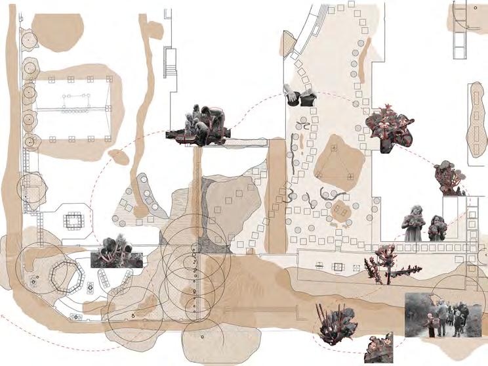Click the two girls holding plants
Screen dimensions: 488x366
(424, 223)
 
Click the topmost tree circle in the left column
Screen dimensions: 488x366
(28, 39)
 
